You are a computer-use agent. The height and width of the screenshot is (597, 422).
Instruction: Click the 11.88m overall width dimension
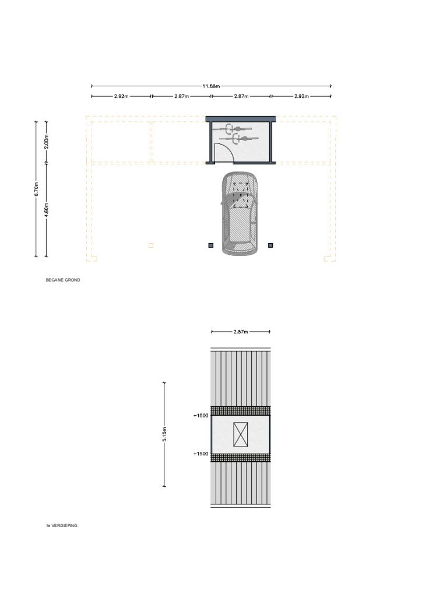[211, 86]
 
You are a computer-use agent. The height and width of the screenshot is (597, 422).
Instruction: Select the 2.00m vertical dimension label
[47, 142]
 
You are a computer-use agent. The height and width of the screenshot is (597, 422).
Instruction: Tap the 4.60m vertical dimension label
[47, 210]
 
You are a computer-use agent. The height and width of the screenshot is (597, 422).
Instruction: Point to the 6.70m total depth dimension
[36, 189]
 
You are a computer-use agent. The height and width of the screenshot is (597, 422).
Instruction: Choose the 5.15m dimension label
[164, 434]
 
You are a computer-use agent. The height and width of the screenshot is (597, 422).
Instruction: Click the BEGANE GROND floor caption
[63, 280]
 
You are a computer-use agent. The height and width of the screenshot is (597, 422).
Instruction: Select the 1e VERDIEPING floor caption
[62, 525]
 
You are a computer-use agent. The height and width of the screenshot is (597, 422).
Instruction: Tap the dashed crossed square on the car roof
[241, 195]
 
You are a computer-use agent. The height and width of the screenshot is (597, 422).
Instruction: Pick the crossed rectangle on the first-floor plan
[241, 434]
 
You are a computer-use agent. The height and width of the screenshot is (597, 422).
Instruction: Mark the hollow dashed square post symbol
[151, 245]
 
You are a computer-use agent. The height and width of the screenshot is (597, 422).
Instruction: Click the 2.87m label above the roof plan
[241, 332]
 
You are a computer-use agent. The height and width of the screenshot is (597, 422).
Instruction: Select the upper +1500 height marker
[201, 415]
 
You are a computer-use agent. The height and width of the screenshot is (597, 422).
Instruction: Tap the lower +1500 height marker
[201, 454]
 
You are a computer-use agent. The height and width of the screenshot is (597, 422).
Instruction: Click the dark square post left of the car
[211, 245]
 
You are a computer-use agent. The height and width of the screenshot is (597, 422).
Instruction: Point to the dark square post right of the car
[270, 245]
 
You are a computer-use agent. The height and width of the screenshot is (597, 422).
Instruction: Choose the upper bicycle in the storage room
[232, 129]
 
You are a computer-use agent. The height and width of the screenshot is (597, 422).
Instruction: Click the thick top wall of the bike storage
[241, 119]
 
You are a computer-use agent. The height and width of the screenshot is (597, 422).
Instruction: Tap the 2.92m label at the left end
[121, 96]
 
